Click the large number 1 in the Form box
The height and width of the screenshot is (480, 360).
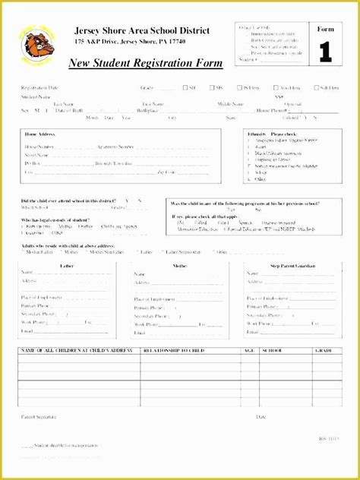point(325,52)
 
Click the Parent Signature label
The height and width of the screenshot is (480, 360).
point(39,417)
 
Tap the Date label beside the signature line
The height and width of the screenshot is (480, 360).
point(261,417)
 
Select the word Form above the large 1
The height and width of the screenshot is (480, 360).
point(325,30)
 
